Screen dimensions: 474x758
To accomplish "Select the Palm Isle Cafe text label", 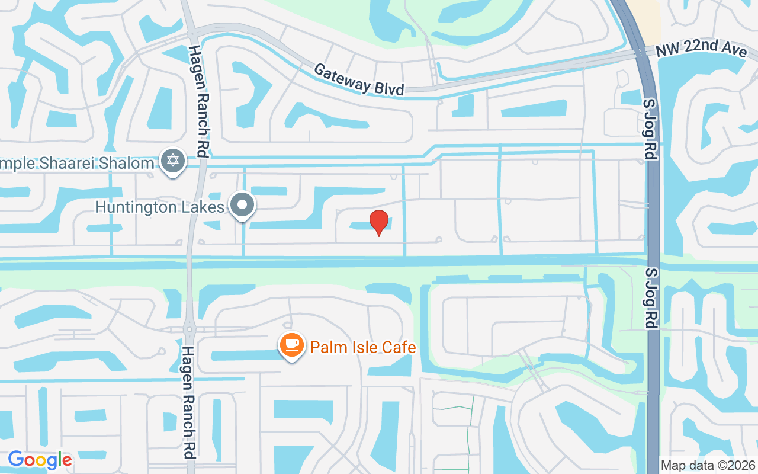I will point(363,347).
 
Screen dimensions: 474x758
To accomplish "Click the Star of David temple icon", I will point(173,161).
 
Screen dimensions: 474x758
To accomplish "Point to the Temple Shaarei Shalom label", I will point(77,163).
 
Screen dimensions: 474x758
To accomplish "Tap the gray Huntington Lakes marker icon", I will point(242,205).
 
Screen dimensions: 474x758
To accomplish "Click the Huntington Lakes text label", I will point(160,207).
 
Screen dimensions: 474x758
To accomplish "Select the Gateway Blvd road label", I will point(359,79).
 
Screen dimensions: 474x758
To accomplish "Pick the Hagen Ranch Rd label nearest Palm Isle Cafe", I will point(188,403).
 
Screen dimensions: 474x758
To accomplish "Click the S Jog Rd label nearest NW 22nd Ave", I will point(650,129).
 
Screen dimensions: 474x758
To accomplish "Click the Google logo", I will point(40,460).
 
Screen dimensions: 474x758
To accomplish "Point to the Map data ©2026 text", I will point(708,465).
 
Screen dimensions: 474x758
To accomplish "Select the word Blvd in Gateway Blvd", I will point(389,87).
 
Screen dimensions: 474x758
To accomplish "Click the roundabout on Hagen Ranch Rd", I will point(189,327).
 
